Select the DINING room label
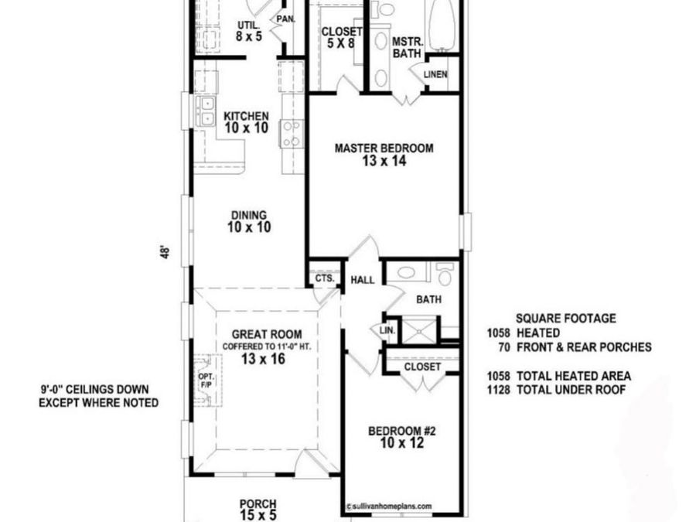pyautogui.click(x=247, y=216)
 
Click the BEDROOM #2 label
pyautogui.click(x=402, y=431)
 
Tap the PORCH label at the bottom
pyautogui.click(x=258, y=503)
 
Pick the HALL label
pyautogui.click(x=363, y=280)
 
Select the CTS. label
pyautogui.click(x=324, y=278)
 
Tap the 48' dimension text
pyautogui.click(x=165, y=253)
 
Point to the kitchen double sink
pyautogui.click(x=206, y=112)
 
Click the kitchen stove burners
pyautogui.click(x=292, y=132)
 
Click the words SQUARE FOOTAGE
pyautogui.click(x=566, y=319)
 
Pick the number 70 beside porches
pyautogui.click(x=503, y=347)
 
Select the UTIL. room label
pyautogui.click(x=248, y=26)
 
